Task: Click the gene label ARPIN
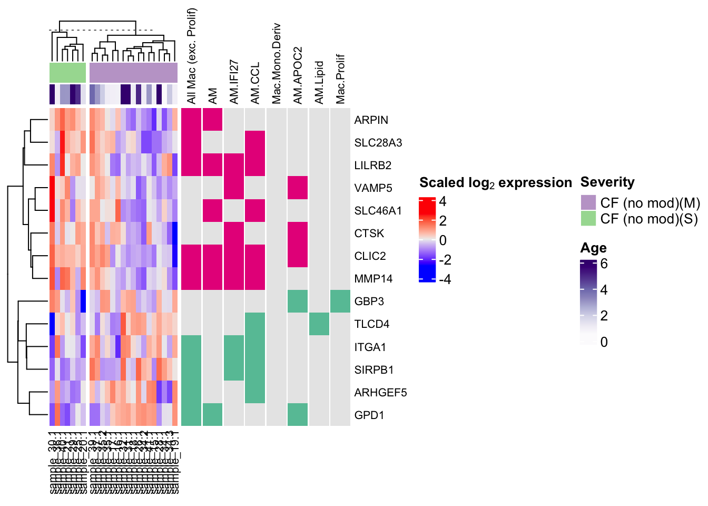point(371,120)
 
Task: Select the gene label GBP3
point(369,301)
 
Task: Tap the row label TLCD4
point(371,324)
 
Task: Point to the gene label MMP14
point(373,278)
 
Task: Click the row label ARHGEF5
point(380,392)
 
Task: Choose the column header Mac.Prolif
point(340,79)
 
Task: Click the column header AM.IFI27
point(234,82)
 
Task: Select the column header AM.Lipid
point(319,82)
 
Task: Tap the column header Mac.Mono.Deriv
point(277,63)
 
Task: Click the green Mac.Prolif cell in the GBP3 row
point(340,301)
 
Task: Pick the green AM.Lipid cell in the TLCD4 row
point(319,324)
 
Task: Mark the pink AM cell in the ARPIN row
point(212,120)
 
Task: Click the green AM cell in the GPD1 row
point(212,415)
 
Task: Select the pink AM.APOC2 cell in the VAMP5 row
point(298,188)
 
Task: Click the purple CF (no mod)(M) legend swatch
point(588,202)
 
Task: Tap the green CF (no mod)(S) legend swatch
point(588,218)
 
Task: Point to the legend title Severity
point(607,182)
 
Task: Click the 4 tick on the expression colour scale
point(442,201)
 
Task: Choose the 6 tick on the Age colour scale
point(604,264)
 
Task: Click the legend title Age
point(593,248)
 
